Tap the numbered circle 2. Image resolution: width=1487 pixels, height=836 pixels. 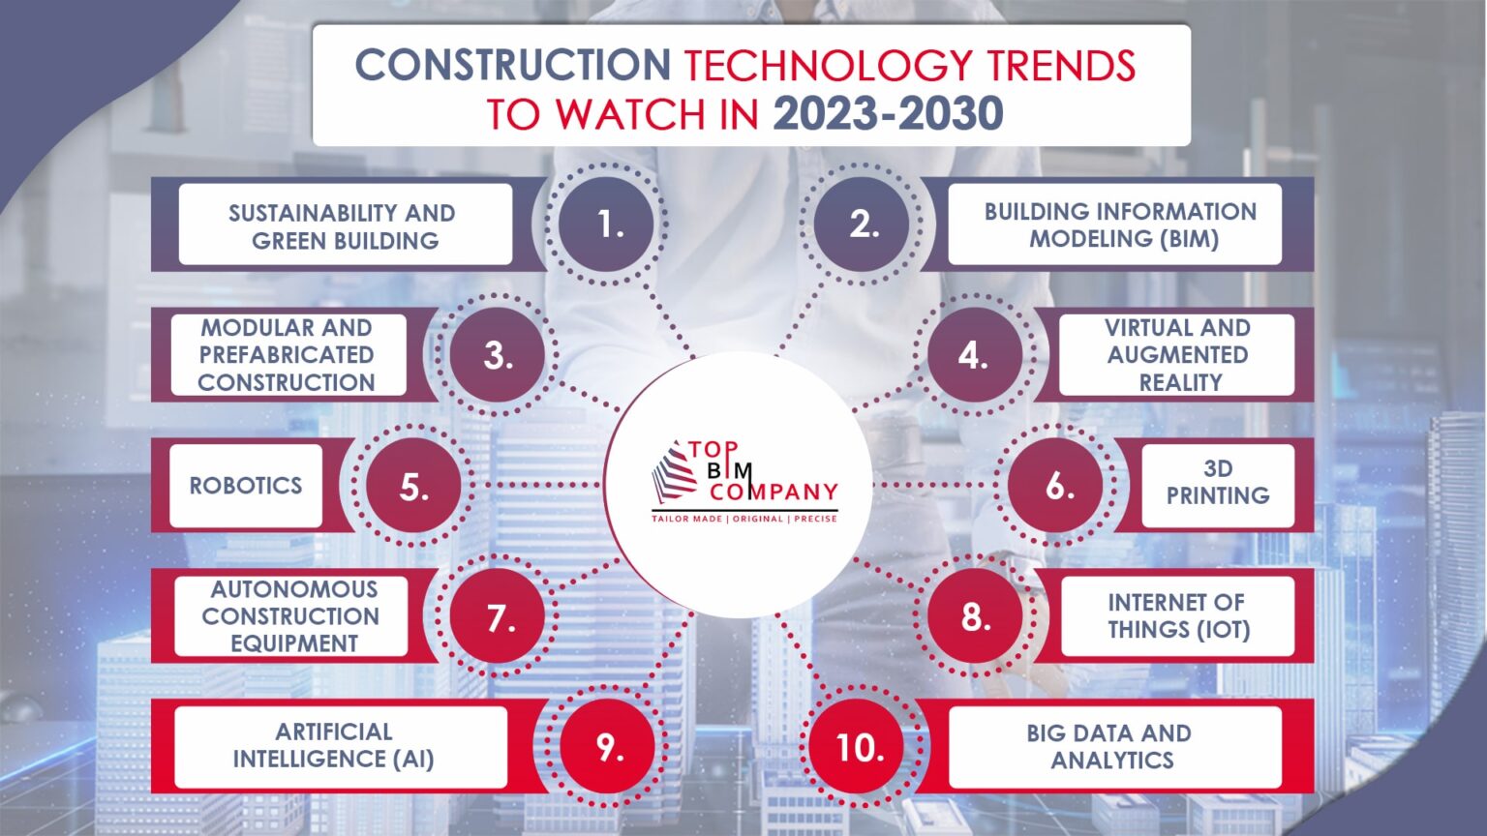tap(862, 224)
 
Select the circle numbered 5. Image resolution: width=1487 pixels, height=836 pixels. tap(413, 486)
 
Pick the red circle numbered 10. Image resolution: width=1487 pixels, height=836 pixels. tap(859, 747)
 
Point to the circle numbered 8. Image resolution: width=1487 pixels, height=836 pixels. tap(975, 616)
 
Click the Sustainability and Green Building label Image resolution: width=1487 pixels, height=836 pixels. tap(345, 225)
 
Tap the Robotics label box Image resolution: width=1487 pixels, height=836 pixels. tap(246, 486)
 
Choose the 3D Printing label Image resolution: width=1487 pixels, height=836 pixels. tap(1217, 483)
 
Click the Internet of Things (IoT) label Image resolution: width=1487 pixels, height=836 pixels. tap(1177, 616)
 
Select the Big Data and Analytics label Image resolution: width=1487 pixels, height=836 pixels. tap(1113, 746)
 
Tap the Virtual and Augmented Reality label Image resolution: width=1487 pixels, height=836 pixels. tap(1176, 355)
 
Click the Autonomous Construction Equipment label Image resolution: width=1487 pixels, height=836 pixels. tap(290, 616)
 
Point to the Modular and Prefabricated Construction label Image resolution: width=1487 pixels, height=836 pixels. tap(288, 355)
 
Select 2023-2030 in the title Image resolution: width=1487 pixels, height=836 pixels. tap(888, 114)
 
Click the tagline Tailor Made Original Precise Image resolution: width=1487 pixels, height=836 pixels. tap(743, 519)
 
